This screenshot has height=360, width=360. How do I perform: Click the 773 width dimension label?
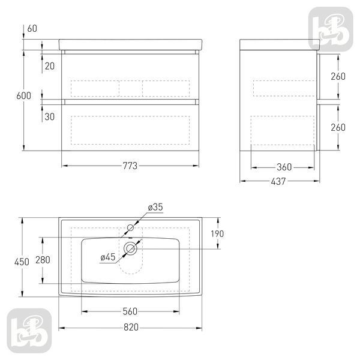(x=130, y=166)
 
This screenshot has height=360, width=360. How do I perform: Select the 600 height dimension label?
(x=23, y=96)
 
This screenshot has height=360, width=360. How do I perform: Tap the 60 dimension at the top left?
(x=32, y=28)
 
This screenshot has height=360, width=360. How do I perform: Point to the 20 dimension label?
(x=50, y=66)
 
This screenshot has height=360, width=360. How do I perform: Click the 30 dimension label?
(x=50, y=116)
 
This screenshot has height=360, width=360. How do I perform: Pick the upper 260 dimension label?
(x=338, y=76)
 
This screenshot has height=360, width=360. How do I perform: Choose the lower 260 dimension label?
(x=338, y=127)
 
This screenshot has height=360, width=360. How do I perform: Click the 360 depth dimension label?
(x=284, y=167)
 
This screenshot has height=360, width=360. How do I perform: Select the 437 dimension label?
(x=278, y=181)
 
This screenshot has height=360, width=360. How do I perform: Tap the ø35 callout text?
(x=155, y=207)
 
